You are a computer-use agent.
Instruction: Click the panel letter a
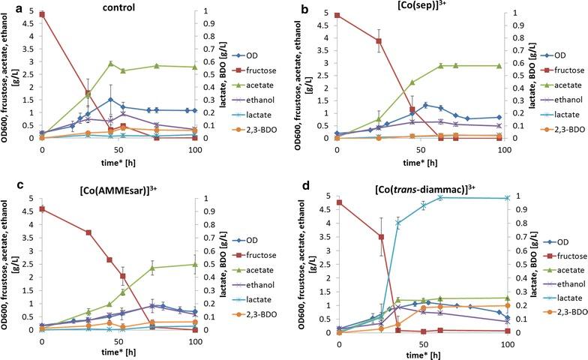7,8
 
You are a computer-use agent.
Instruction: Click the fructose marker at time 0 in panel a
42,14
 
